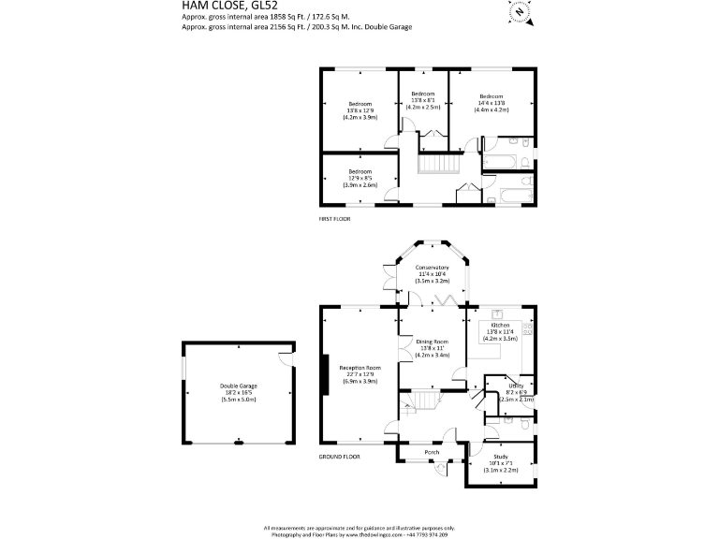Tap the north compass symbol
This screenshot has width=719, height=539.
(518, 12)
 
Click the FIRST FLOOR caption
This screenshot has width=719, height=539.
(339, 218)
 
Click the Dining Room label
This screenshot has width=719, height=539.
(433, 342)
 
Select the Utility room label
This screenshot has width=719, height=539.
(516, 386)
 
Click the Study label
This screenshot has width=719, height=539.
(501, 456)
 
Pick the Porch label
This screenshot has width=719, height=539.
(432, 452)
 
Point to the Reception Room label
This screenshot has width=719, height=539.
(359, 369)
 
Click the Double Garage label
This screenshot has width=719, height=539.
(239, 386)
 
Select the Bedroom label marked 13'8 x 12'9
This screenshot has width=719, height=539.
(360, 103)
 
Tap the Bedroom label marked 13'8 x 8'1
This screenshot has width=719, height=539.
(423, 94)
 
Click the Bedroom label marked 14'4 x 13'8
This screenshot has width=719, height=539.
(492, 96)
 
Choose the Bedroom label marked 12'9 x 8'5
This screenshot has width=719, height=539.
(360, 171)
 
